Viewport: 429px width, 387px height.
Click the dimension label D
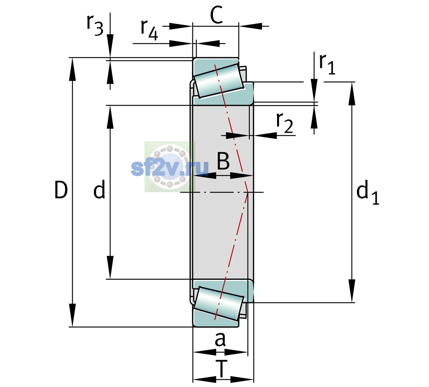pos(61,190)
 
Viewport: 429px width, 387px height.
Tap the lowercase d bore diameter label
pos(99,189)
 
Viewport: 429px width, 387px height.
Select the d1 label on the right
pos(368,192)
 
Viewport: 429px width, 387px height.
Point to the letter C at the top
pos(216,15)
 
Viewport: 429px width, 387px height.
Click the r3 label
pos(95,25)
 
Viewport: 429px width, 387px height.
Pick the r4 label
pos(149,30)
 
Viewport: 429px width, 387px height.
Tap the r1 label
pos(327,64)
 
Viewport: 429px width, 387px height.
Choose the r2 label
pos(284,123)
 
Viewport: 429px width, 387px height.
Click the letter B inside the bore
pos(223,161)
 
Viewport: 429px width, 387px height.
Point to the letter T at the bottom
pos(221,369)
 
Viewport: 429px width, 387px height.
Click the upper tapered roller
pos(219,81)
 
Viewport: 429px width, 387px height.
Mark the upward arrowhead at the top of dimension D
pos(72,69)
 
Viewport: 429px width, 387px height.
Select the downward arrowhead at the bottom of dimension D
pos(72,315)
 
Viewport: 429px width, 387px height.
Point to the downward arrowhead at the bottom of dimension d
pos(110,267)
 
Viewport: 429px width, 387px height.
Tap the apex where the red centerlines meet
pos(248,192)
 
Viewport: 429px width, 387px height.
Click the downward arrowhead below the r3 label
pos(110,46)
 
